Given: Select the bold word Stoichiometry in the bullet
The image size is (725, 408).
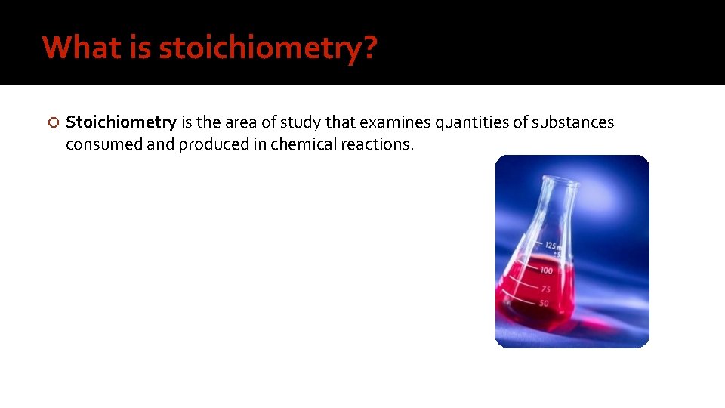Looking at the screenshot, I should [x=121, y=122].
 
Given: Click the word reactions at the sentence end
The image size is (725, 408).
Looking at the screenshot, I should [x=377, y=144].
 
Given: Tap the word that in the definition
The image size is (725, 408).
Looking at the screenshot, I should [x=340, y=122].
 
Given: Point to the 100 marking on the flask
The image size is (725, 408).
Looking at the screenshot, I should [x=545, y=270].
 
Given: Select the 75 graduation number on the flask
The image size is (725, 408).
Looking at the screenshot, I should [x=545, y=289].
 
